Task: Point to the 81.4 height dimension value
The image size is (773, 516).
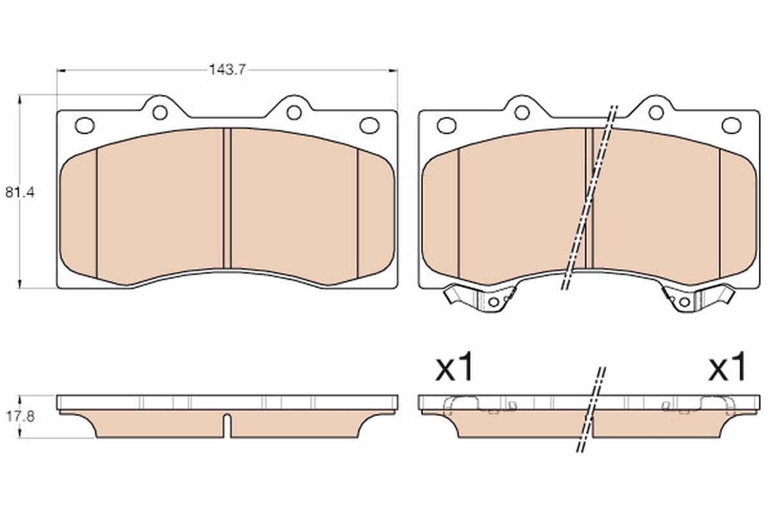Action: point(19,192)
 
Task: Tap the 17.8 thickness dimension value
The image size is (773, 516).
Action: point(19,417)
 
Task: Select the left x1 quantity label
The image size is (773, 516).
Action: point(455,368)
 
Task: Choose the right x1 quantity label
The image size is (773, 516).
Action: point(727,368)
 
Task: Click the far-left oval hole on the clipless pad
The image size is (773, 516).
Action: point(84,125)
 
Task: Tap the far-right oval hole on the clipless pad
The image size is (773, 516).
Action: point(369,125)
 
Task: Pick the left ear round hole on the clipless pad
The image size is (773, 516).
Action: point(160,112)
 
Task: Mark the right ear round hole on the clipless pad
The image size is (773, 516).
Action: point(294,112)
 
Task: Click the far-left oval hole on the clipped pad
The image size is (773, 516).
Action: point(446,125)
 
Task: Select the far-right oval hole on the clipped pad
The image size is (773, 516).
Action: point(731,125)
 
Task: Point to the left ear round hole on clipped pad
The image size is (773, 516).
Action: point(522,112)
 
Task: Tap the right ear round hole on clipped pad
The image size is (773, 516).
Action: point(656,112)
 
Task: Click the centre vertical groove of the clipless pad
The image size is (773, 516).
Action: point(227,198)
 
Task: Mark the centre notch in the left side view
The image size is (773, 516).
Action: point(227,423)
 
